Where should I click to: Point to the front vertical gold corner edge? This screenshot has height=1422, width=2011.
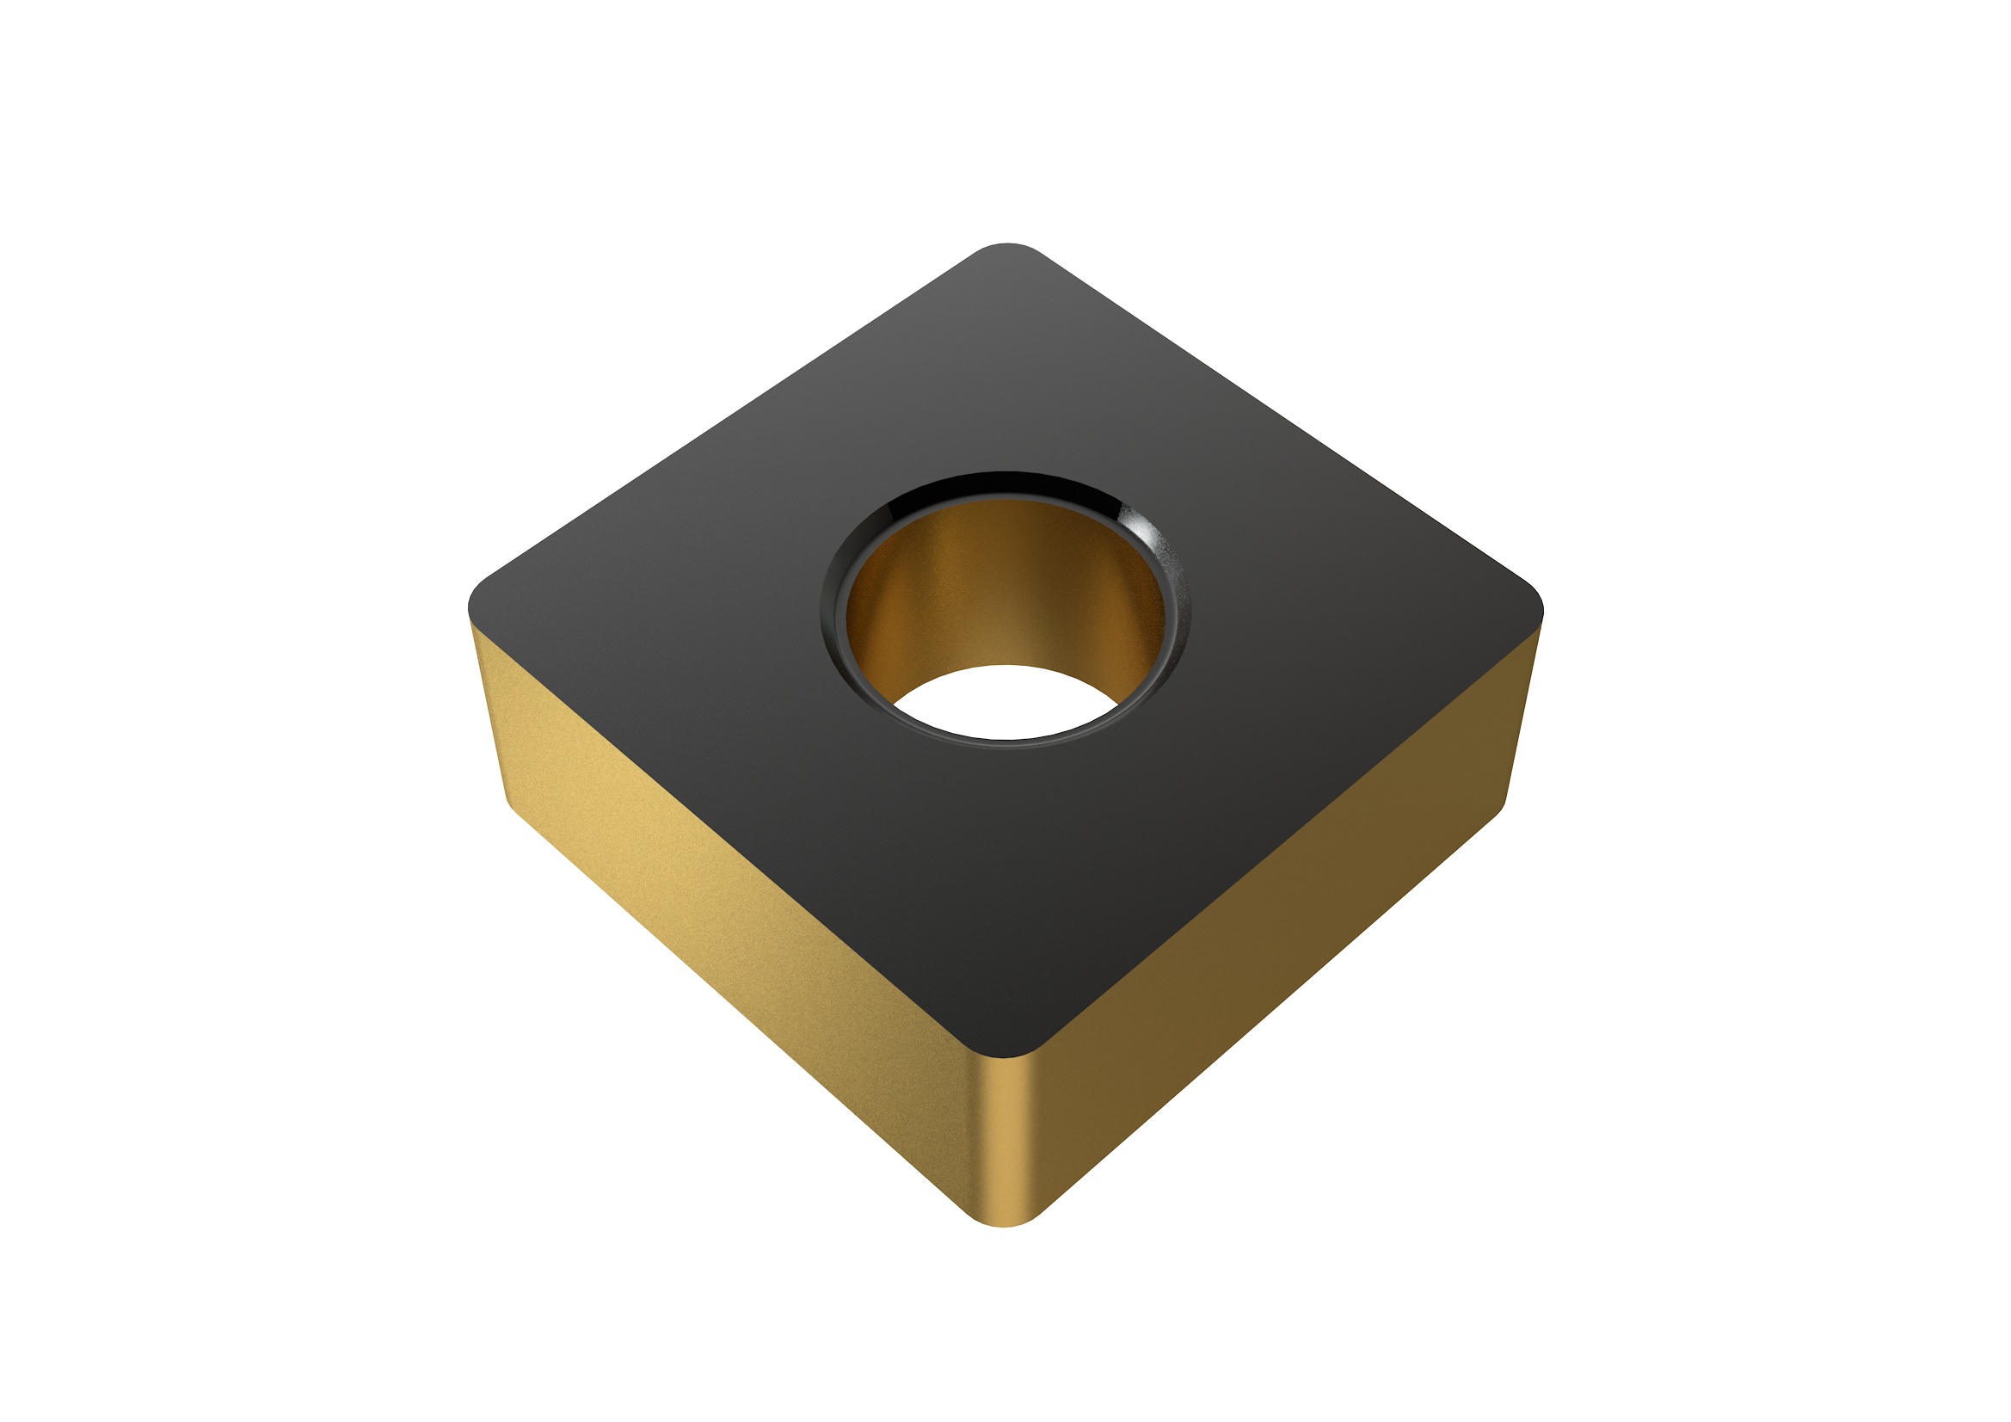pyautogui.click(x=1006, y=1139)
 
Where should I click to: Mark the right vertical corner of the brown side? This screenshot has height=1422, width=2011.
pyautogui.click(x=1522, y=710)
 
